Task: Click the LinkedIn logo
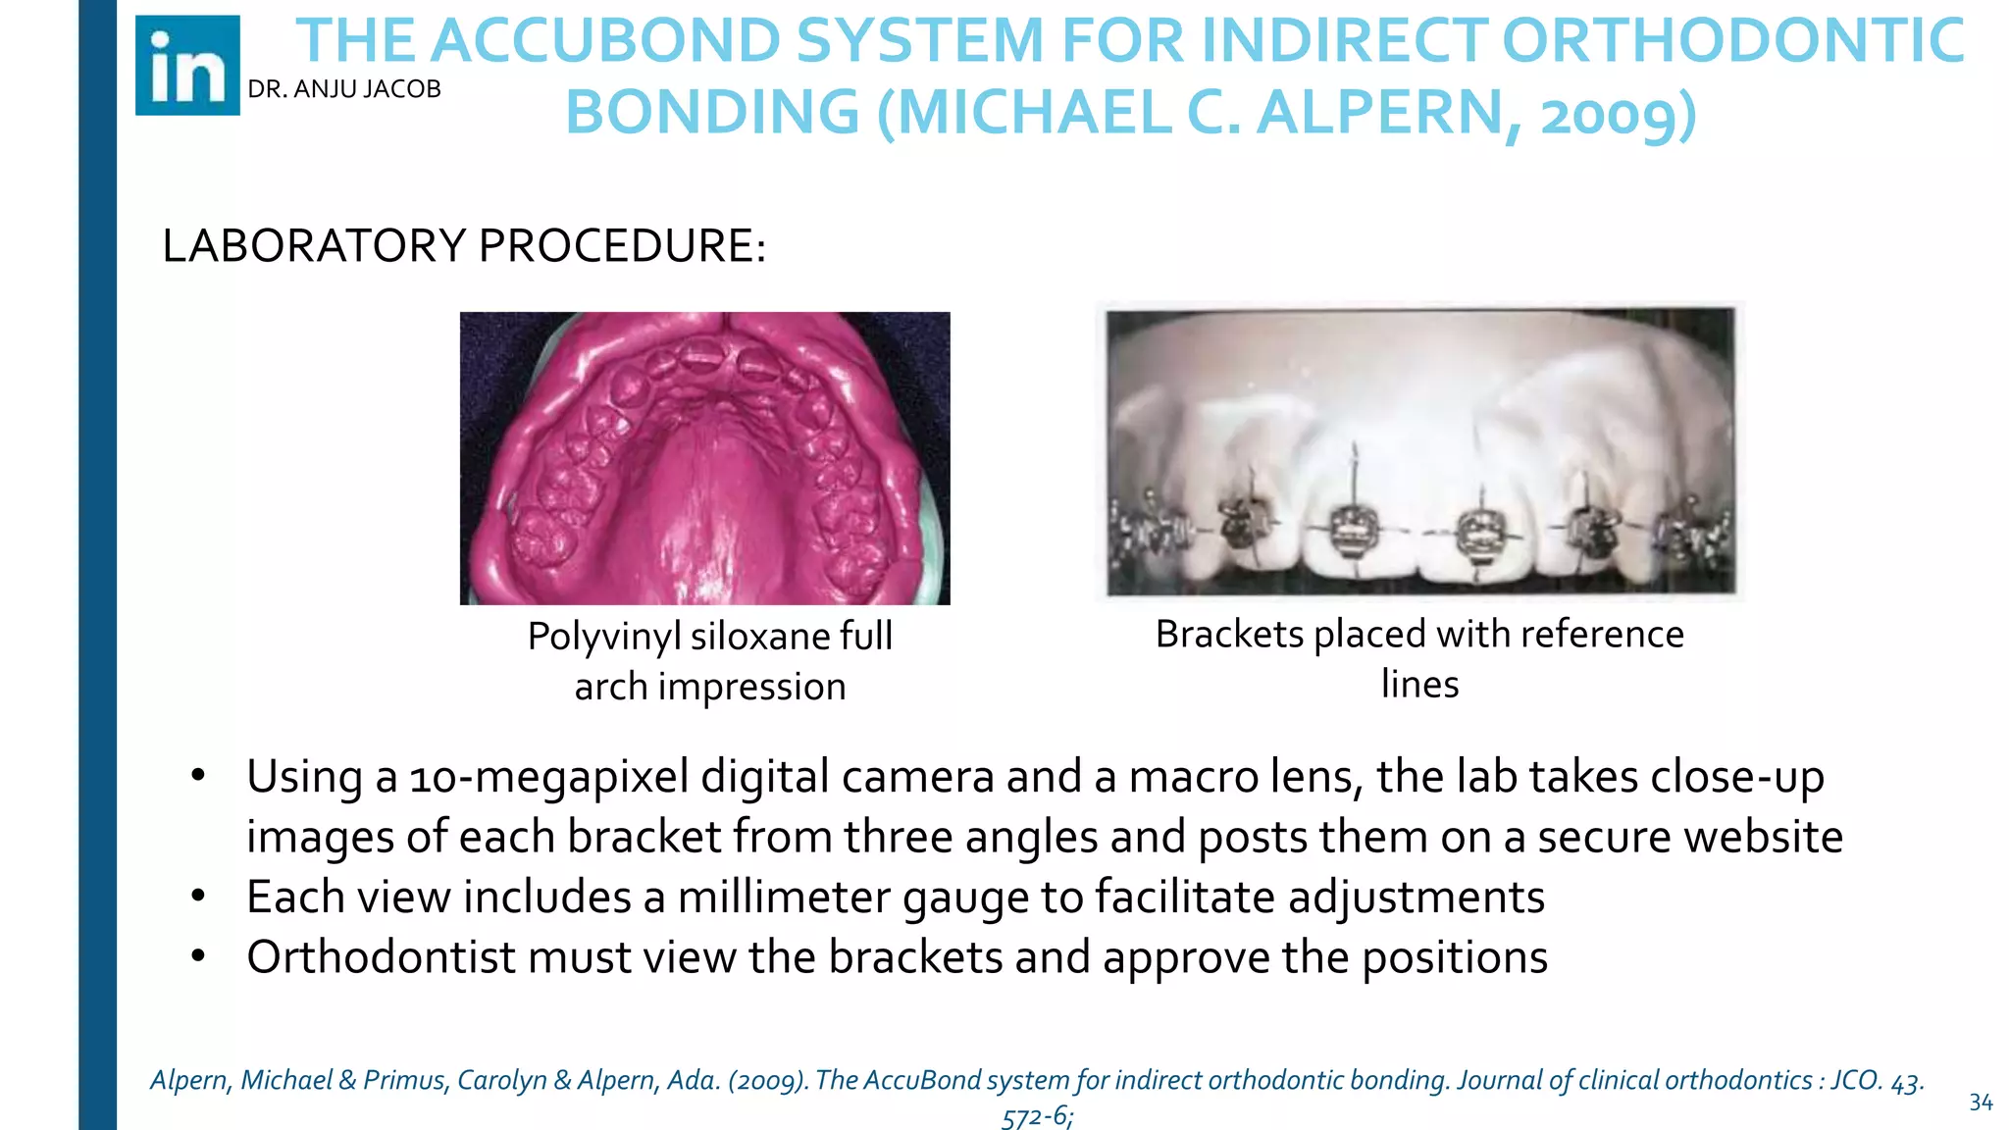tap(187, 66)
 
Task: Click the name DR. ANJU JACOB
tap(344, 89)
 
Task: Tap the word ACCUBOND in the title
tap(605, 41)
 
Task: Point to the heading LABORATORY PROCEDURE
tap(463, 245)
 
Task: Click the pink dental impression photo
tap(704, 457)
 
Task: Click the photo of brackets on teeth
tap(1419, 451)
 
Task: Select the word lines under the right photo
tap(1419, 684)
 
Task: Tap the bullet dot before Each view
tap(198, 896)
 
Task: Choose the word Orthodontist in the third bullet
tap(381, 957)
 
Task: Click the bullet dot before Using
tap(198, 775)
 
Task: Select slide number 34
tap(1981, 1103)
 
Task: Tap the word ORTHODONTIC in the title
tap(1732, 41)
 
